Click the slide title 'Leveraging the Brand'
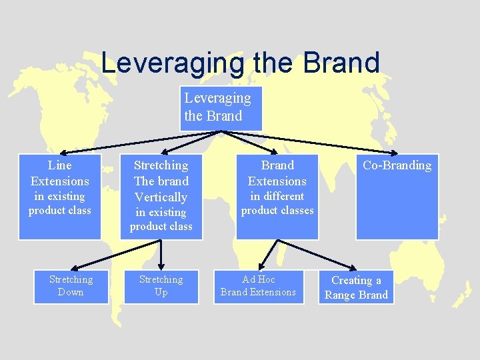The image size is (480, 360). (x=240, y=63)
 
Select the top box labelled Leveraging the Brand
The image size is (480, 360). (x=221, y=108)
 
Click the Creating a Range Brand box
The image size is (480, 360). (x=356, y=287)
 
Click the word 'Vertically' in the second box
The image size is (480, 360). (x=161, y=197)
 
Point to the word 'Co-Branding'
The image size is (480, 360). (x=397, y=165)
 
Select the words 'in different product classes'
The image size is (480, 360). (x=277, y=203)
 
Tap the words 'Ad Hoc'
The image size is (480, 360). (x=258, y=279)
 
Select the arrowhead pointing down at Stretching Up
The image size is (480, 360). (x=161, y=265)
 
